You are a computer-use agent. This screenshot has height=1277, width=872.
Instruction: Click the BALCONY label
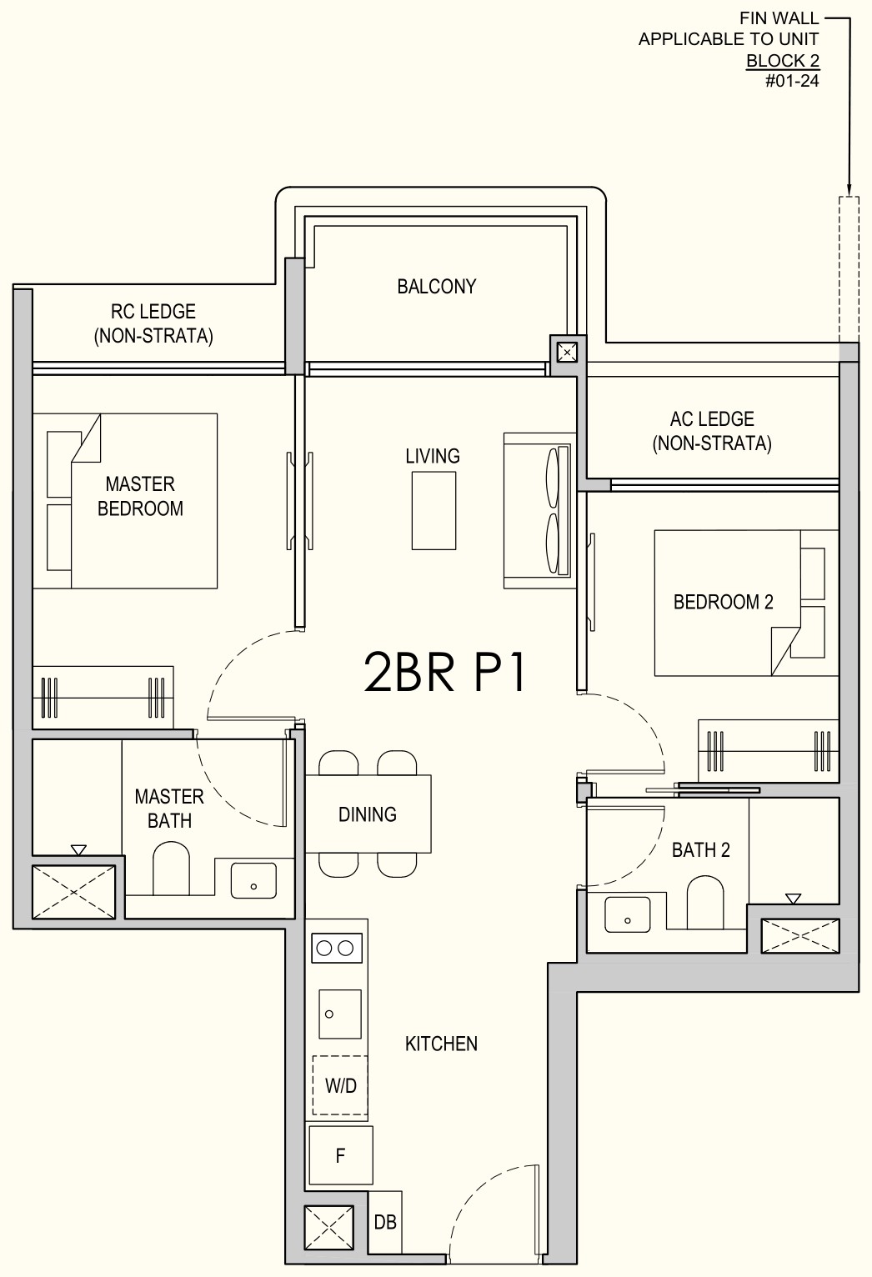[x=436, y=286]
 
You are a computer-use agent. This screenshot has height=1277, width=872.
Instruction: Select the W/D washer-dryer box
[x=340, y=1085]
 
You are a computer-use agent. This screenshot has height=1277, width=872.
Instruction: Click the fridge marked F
[x=340, y=1155]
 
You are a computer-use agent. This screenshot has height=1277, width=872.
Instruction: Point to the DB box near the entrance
[x=385, y=1222]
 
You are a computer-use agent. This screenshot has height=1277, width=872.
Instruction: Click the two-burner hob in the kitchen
[x=337, y=948]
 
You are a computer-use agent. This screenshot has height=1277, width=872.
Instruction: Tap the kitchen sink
[x=340, y=1014]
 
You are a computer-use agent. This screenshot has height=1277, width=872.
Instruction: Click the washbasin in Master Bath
[x=253, y=880]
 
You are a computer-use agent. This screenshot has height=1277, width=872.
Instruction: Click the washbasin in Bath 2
[x=628, y=915]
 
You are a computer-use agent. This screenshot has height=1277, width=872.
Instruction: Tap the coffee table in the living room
[x=434, y=511]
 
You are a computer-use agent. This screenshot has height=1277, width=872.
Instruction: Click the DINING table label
[x=368, y=814]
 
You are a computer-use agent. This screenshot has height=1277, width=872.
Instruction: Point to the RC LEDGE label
[x=153, y=323]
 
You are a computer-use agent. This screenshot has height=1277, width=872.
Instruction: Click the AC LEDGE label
[x=712, y=431]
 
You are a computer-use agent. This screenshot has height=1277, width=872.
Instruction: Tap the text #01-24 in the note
[x=792, y=81]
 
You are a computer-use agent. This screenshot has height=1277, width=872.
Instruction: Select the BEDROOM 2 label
[x=723, y=602]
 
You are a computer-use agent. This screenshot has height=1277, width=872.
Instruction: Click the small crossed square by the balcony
[x=567, y=353]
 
